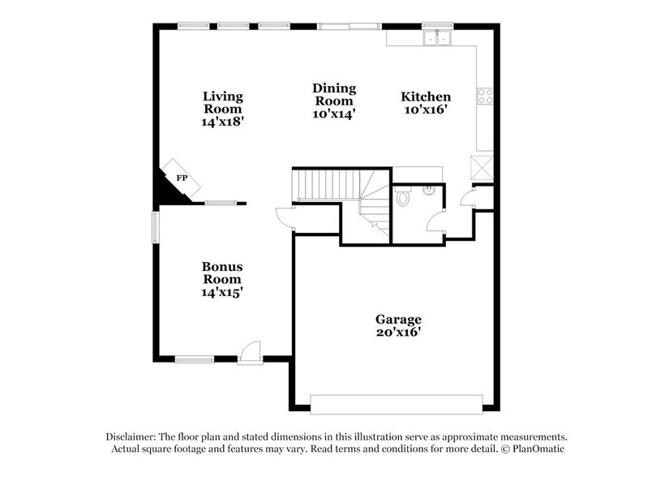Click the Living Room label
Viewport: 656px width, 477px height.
pos(223,102)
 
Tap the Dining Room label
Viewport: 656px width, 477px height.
pos(334,95)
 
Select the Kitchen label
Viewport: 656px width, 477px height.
pos(426,97)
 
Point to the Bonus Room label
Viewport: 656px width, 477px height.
pos(223,273)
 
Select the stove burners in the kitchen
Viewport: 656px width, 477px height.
pos(486,97)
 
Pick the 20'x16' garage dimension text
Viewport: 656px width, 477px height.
pos(397,332)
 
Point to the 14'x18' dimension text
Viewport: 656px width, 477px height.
pos(223,121)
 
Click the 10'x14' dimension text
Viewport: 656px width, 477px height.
pos(334,114)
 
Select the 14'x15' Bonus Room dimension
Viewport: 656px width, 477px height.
pos(223,291)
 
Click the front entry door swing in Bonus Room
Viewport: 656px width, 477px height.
pos(251,352)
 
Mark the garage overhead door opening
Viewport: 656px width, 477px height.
pos(397,403)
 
